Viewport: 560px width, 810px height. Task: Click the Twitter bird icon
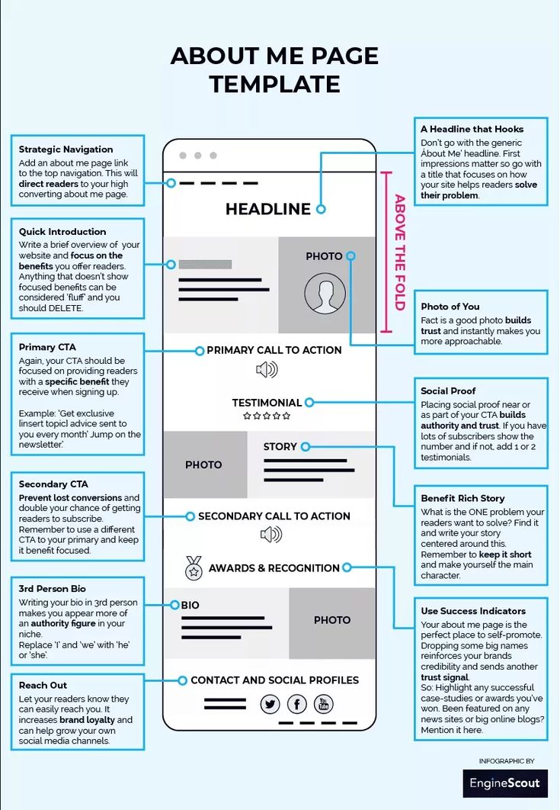[x=270, y=704]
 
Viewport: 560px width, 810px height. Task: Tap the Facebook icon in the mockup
[x=296, y=704]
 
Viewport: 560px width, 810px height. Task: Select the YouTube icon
[x=323, y=704]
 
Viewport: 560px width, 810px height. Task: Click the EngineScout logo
[x=504, y=783]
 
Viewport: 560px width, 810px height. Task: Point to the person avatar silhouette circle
[x=325, y=293]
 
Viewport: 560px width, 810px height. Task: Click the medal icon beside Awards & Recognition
[x=194, y=568]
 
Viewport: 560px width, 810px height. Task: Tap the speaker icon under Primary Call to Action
[x=267, y=371]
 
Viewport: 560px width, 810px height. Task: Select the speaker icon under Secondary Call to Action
[x=270, y=535]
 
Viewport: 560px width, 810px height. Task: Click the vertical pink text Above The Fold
[x=399, y=252]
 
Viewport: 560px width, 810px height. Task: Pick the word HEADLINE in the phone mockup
[x=267, y=209]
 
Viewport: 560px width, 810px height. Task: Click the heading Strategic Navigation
[x=66, y=149]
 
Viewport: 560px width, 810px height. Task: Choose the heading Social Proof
[x=448, y=391]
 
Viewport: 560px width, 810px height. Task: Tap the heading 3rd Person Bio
[x=52, y=589]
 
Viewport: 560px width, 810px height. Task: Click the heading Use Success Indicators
[x=473, y=611]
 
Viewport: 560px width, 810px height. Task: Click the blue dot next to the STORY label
[x=305, y=447]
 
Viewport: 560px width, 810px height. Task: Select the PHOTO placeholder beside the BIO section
[x=332, y=620]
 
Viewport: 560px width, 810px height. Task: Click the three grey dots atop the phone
[x=197, y=156]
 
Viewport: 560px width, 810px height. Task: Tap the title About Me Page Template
[x=274, y=69]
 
